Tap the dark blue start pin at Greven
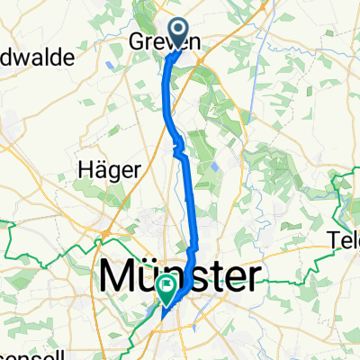click(x=178, y=33)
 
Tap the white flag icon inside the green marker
click(x=167, y=287)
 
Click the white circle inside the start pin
click(x=178, y=31)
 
